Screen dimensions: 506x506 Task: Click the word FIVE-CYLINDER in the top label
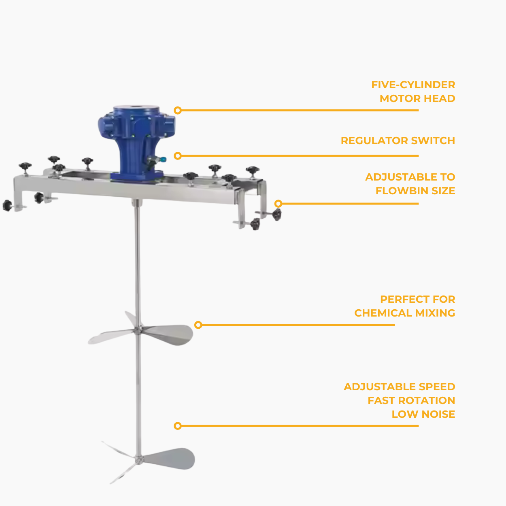413,85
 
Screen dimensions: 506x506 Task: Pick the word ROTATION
426,401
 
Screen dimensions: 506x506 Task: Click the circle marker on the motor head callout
178,110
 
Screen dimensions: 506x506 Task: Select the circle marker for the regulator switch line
178,156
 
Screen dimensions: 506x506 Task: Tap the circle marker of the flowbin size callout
278,204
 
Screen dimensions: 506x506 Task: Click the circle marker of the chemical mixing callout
198,325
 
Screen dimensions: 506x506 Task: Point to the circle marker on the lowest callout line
178,426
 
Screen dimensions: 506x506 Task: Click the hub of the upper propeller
138,331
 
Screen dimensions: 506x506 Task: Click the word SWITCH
433,141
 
